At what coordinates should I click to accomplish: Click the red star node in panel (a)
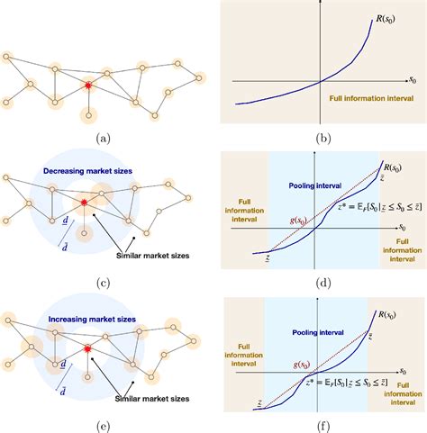tap(88, 86)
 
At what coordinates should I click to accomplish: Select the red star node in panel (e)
tap(88, 348)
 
